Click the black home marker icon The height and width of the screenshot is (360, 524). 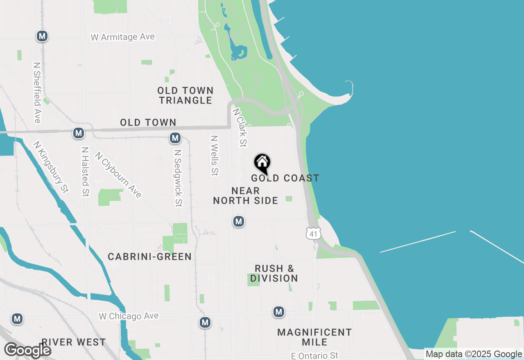pyautogui.click(x=262, y=163)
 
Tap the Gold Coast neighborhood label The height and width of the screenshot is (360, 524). pyautogui.click(x=285, y=178)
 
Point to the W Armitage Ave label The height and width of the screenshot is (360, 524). pyautogui.click(x=123, y=37)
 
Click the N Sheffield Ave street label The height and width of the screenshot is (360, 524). pyautogui.click(x=37, y=92)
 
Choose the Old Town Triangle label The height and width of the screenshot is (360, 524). pyautogui.click(x=185, y=95)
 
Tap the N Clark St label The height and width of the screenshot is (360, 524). pyautogui.click(x=240, y=127)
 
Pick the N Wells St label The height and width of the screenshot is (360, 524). pyautogui.click(x=214, y=155)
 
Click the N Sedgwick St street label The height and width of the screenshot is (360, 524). pyautogui.click(x=178, y=178)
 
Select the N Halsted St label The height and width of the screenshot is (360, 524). pyautogui.click(x=85, y=172)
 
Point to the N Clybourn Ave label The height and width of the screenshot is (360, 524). pyautogui.click(x=118, y=175)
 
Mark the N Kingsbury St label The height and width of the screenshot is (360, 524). pyautogui.click(x=51, y=167)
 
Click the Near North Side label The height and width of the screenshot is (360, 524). pyautogui.click(x=246, y=196)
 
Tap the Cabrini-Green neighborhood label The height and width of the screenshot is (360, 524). pyautogui.click(x=149, y=257)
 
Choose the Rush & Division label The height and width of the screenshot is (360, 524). pyautogui.click(x=274, y=273)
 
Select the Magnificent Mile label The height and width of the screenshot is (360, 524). pyautogui.click(x=314, y=337)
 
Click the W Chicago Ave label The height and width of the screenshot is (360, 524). pyautogui.click(x=129, y=316)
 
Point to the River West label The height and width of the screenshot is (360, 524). pyautogui.click(x=74, y=342)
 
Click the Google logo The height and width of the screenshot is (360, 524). pyautogui.click(x=27, y=351)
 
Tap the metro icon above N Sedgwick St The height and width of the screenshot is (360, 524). pyautogui.click(x=175, y=138)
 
